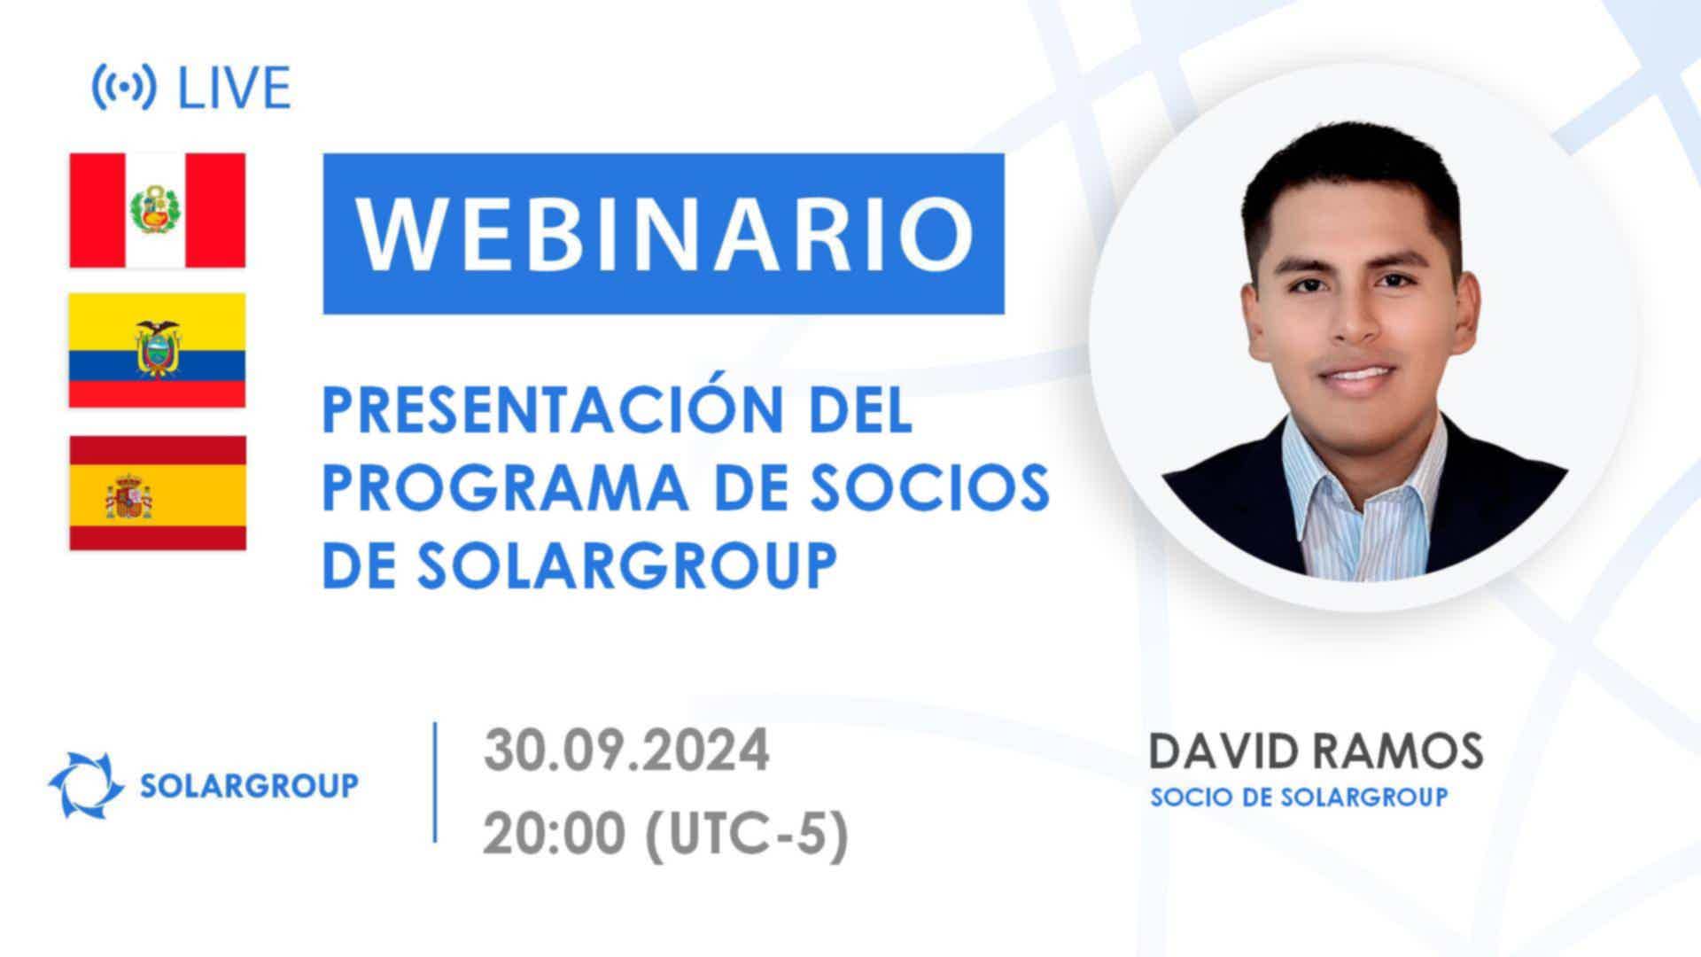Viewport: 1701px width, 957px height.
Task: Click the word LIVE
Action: click(235, 88)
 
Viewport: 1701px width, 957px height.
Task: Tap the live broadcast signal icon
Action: click(124, 88)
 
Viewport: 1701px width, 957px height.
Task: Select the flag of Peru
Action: click(158, 210)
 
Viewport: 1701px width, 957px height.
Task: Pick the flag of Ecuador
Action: click(158, 350)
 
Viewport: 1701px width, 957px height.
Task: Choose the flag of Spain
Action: click(158, 493)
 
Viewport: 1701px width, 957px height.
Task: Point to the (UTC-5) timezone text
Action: click(747, 835)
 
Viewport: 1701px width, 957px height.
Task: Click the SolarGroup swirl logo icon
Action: click(86, 784)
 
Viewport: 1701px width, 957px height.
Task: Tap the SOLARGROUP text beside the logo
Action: click(250, 785)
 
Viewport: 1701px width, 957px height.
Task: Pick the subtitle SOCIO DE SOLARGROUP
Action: click(1299, 797)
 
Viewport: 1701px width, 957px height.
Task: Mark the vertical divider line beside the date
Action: click(435, 782)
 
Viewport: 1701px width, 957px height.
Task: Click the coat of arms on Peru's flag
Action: click(157, 210)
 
